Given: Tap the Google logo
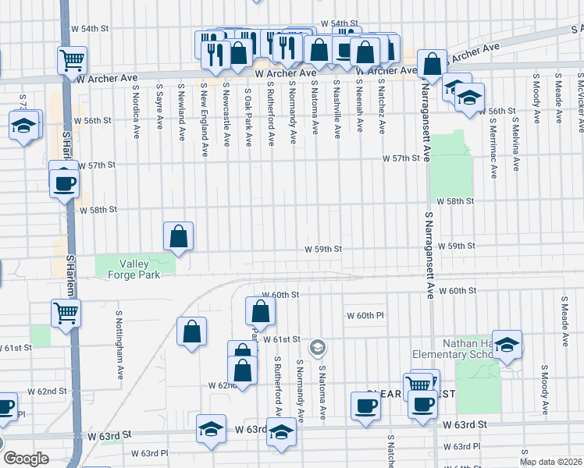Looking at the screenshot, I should click(25, 459).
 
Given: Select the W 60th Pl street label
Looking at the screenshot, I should click(366, 316).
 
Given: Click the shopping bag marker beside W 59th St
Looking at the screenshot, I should click(179, 236).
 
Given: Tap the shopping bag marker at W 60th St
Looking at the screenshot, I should click(260, 311).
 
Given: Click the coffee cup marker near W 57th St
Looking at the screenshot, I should click(64, 184).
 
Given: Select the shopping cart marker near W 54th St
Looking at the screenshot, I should click(72, 58).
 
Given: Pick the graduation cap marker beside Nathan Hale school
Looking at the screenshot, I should click(507, 345).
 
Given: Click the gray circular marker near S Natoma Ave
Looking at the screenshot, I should click(317, 347).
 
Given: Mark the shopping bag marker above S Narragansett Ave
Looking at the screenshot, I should click(431, 65).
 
